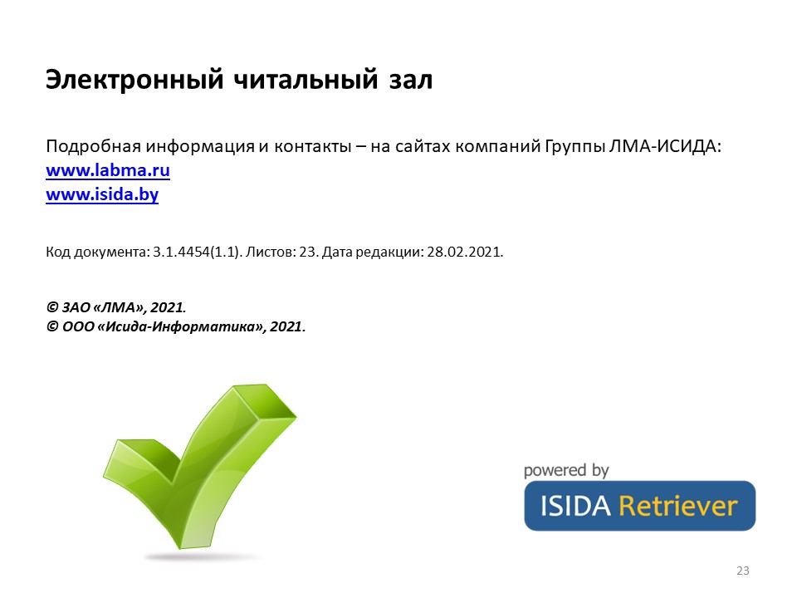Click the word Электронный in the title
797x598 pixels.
coord(134,81)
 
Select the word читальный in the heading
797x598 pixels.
coord(306,81)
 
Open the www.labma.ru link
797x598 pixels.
coord(108,169)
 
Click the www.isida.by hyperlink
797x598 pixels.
coord(102,194)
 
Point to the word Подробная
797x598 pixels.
coord(94,147)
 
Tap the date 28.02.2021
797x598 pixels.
coord(465,252)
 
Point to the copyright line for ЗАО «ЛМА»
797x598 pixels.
coord(116,307)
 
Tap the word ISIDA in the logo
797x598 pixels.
coord(575,507)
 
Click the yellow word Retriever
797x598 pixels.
coord(677,506)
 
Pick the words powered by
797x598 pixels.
coord(566,470)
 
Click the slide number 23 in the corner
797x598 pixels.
coord(742,571)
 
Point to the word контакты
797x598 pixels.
coord(313,147)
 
